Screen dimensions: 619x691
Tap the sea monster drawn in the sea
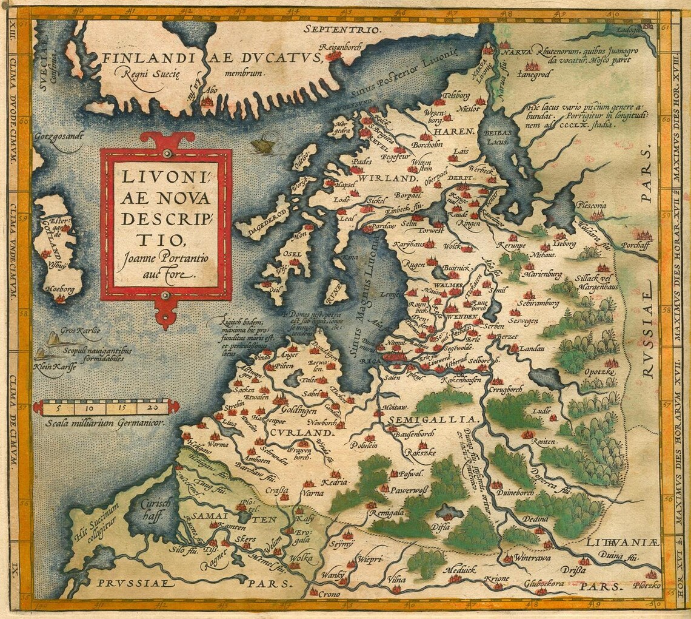pyautogui.click(x=261, y=146)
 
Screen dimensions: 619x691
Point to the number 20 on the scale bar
pyautogui.click(x=153, y=407)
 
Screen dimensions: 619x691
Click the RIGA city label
pyautogui.click(x=369, y=360)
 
